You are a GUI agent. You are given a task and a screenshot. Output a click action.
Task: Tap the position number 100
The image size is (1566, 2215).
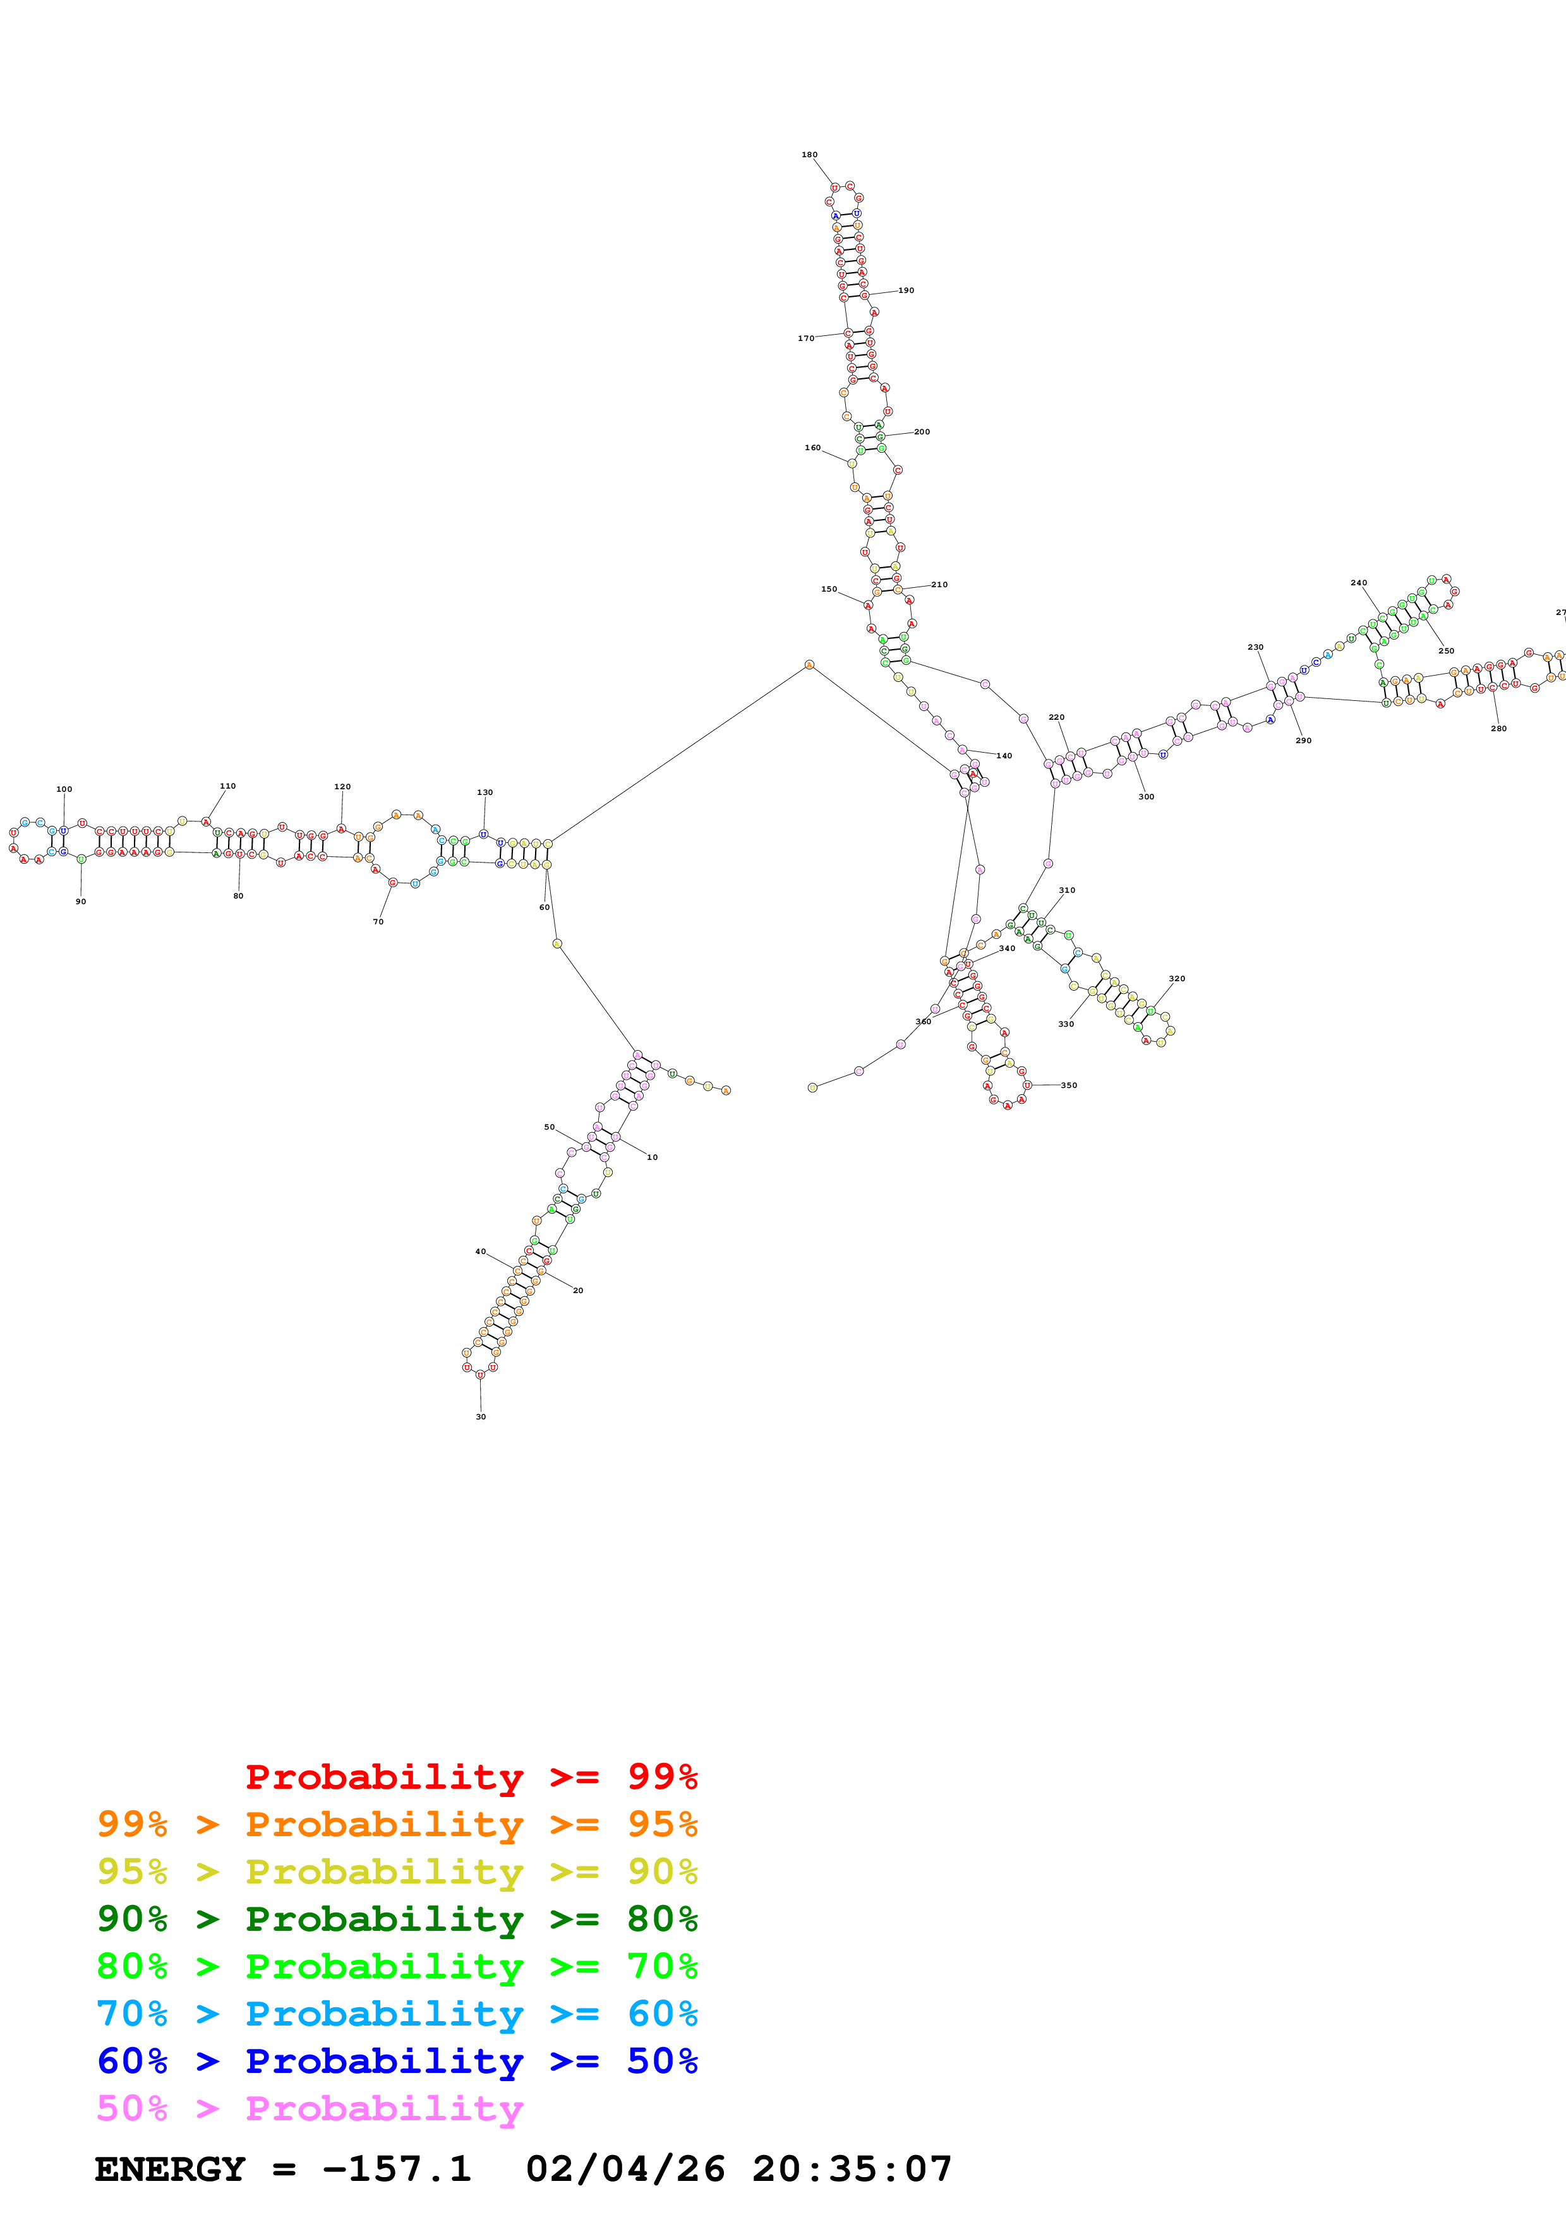(64, 789)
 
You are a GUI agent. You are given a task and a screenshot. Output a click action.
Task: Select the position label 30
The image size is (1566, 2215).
(481, 1416)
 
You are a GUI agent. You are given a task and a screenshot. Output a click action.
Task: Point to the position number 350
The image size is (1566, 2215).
(1069, 1085)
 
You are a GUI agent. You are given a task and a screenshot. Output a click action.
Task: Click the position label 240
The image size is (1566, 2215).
(1359, 583)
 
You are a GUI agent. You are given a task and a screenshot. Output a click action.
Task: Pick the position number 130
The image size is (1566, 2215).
(485, 792)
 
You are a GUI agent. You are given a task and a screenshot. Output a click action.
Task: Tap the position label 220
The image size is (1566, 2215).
(1057, 717)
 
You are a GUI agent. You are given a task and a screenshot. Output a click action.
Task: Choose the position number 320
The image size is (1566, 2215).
(1177, 978)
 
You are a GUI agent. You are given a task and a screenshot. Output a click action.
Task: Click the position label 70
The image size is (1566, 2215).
(378, 921)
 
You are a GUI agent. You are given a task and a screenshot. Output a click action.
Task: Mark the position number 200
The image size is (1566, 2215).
(922, 432)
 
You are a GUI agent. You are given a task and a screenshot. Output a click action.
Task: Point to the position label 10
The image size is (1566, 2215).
(653, 1157)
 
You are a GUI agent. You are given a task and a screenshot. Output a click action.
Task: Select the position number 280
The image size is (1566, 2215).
(1498, 729)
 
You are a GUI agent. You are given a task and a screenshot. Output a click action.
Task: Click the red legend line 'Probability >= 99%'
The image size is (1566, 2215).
(471, 1777)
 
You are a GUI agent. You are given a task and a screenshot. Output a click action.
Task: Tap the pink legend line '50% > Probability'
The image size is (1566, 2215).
(309, 2108)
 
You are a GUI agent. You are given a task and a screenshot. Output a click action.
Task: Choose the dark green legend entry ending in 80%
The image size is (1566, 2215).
(397, 1919)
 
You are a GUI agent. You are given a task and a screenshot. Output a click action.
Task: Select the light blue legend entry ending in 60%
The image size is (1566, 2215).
(397, 2014)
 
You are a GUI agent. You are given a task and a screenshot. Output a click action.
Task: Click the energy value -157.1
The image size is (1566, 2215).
(397, 2170)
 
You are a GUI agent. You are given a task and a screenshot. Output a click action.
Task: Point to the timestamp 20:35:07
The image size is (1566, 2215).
(852, 2170)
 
